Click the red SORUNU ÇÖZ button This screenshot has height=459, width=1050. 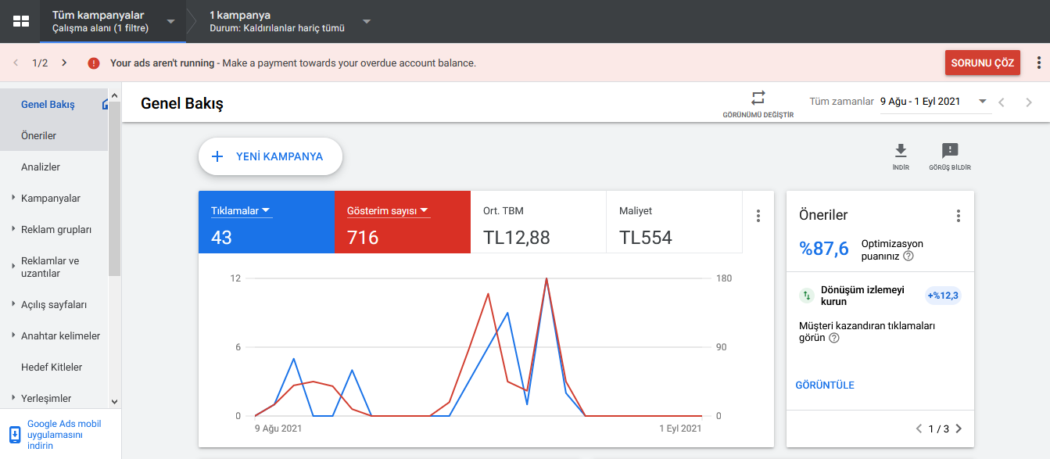tap(982, 63)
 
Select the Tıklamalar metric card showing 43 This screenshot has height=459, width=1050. tap(267, 222)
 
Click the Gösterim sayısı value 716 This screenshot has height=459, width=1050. tap(362, 238)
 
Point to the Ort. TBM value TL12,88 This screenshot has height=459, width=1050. tap(516, 238)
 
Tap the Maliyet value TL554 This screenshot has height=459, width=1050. tap(646, 238)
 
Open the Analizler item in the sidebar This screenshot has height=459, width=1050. tap(41, 167)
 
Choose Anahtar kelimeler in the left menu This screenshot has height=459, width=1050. tap(60, 335)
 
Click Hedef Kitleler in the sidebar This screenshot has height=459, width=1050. tap(52, 367)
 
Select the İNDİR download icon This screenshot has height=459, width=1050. tap(901, 151)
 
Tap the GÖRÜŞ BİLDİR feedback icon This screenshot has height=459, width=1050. tap(950, 151)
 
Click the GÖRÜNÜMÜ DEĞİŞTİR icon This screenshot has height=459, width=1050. tap(758, 98)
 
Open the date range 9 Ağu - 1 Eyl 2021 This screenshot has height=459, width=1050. tap(919, 102)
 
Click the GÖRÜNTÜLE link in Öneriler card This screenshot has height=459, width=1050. tap(825, 385)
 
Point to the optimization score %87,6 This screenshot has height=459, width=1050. tap(823, 249)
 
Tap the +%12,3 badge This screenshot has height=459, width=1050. tap(943, 296)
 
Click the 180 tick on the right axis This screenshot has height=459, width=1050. tap(724, 278)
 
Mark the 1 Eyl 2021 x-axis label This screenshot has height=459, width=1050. tap(680, 428)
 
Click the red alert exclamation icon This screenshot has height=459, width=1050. tap(94, 63)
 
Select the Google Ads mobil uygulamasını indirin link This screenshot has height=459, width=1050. tap(64, 435)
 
